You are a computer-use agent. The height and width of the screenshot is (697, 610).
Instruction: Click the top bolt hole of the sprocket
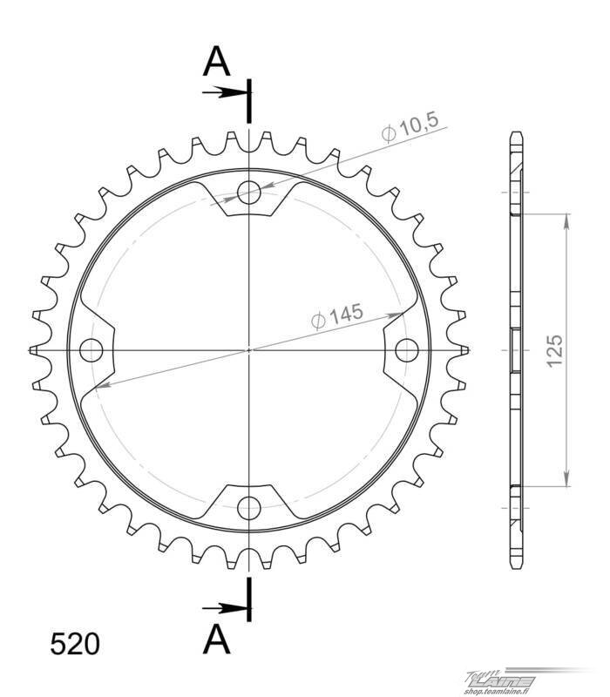248,193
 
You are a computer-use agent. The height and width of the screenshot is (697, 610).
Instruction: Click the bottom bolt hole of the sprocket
248,508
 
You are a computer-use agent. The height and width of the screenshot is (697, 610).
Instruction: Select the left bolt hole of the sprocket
91,350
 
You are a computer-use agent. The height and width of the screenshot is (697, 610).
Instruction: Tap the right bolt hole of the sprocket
406,350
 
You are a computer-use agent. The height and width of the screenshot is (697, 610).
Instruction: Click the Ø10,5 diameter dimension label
410,127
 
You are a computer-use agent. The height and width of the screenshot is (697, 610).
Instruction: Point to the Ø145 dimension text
337,315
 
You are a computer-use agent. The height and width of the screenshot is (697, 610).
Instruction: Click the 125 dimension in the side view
554,351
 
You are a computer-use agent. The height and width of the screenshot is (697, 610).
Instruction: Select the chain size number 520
75,645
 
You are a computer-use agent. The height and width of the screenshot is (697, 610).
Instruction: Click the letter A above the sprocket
216,61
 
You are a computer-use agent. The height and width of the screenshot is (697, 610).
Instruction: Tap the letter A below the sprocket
216,639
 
